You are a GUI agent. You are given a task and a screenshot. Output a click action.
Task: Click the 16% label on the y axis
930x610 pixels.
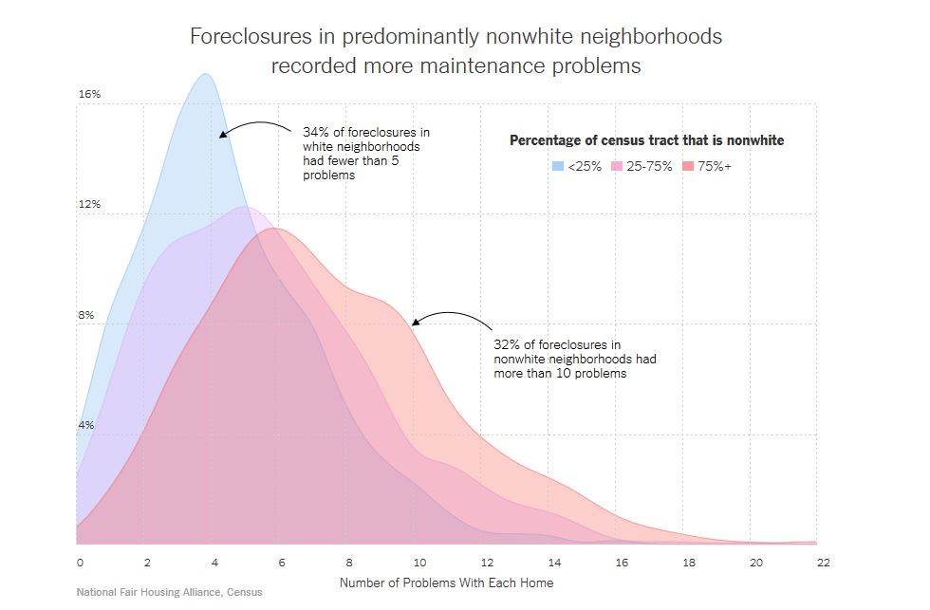pos(89,95)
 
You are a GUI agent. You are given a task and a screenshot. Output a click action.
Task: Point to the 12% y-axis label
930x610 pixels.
pos(89,205)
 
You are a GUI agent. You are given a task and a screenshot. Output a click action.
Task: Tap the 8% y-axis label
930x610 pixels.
pos(85,315)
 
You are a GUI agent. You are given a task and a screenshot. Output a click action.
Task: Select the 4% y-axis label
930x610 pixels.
pos(85,425)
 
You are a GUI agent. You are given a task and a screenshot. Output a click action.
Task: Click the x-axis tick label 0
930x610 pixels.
pos(80,563)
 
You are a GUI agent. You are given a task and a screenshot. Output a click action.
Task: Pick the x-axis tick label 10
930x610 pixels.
pos(418,563)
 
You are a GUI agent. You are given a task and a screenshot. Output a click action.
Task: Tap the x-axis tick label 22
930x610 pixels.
pos(823,563)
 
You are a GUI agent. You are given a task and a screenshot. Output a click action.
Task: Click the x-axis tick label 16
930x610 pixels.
pos(622,563)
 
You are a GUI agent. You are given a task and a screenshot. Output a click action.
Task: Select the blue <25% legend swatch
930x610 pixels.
pos(558,167)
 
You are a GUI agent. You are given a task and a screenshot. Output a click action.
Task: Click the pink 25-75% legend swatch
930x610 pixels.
pos(617,167)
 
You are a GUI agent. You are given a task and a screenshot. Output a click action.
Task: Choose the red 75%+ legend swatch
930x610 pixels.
pos(689,167)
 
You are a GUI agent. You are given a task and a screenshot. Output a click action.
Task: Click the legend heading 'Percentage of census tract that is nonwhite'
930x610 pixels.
pos(647,140)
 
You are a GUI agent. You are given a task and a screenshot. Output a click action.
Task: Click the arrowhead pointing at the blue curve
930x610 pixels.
pos(222,136)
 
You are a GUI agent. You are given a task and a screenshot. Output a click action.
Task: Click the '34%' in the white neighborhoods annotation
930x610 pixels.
pos(315,132)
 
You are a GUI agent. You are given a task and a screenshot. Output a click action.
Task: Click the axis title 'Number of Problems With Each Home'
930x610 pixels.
pos(446,582)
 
